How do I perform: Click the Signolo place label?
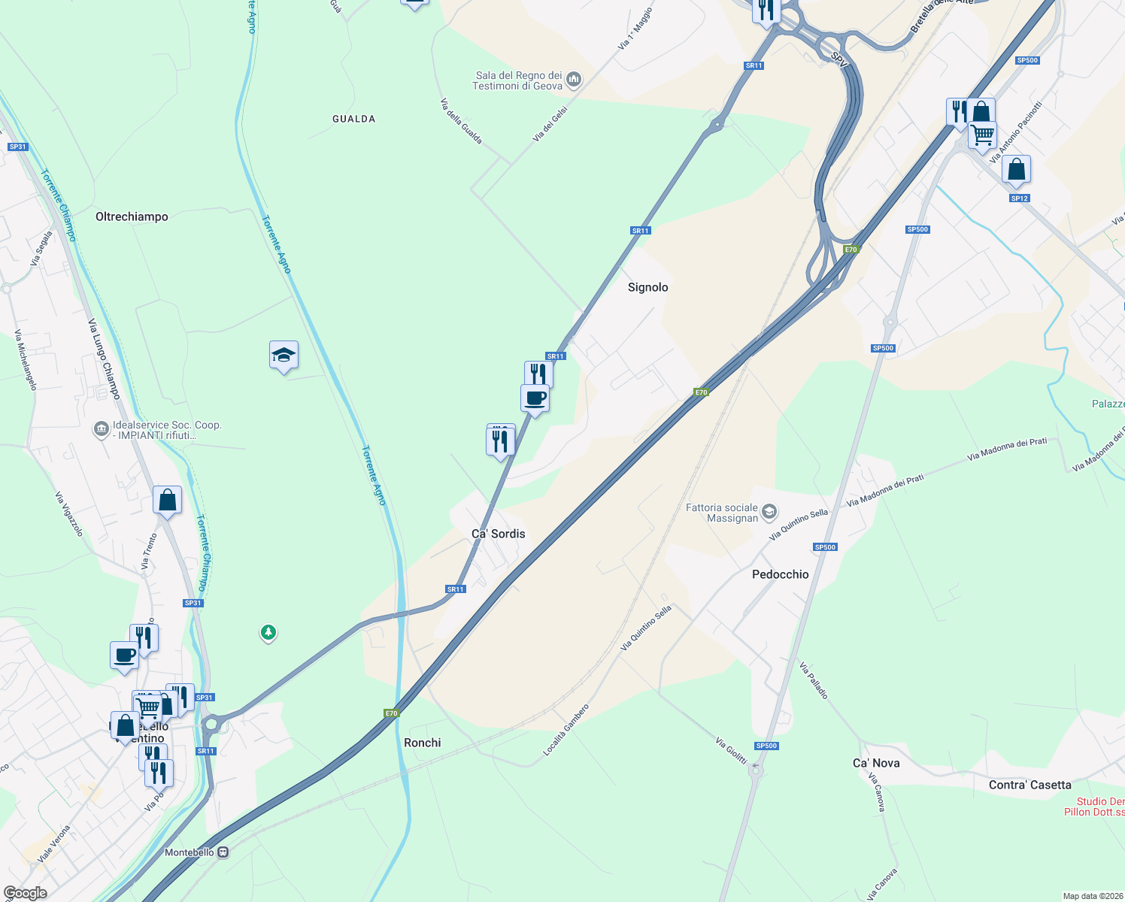click(x=647, y=287)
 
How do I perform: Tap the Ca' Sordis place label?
click(x=498, y=534)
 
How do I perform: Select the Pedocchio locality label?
click(x=780, y=574)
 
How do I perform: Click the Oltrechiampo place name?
click(x=132, y=216)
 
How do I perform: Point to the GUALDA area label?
click(x=353, y=119)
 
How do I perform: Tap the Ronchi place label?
click(x=422, y=743)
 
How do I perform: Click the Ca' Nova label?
click(x=875, y=763)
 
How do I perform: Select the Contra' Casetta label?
click(x=1029, y=785)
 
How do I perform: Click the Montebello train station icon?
click(x=223, y=852)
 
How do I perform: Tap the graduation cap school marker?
click(x=284, y=355)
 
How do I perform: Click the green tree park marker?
click(x=268, y=632)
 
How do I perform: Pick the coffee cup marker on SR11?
click(x=535, y=398)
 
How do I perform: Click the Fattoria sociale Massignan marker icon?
click(x=769, y=513)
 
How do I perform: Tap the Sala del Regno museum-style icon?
click(x=574, y=79)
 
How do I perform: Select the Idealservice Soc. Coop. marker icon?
click(x=101, y=429)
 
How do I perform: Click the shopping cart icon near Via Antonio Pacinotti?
click(x=983, y=135)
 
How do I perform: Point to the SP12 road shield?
click(x=1019, y=198)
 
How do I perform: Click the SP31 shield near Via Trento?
click(x=193, y=603)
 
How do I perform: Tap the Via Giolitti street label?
click(x=731, y=751)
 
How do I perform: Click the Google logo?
click(x=25, y=892)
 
